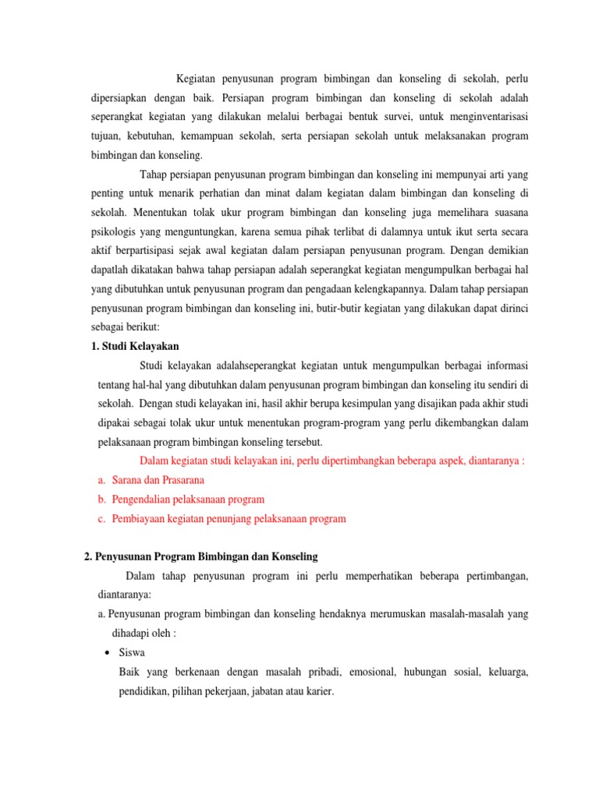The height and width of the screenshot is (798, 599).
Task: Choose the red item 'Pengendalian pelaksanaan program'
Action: (188, 500)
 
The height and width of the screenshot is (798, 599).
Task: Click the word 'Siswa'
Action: (132, 652)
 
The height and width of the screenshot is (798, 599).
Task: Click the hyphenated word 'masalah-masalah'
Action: (436, 613)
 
